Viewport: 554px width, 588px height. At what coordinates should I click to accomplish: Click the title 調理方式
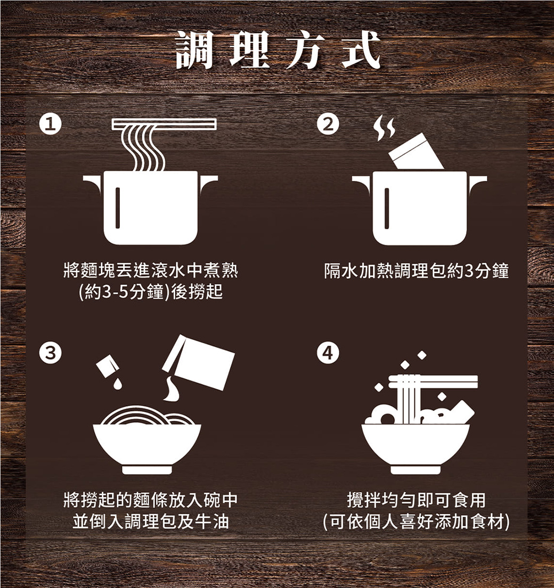click(x=278, y=50)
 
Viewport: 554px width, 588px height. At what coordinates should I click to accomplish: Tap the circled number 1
click(x=51, y=124)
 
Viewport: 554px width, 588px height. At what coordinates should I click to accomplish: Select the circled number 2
click(x=328, y=124)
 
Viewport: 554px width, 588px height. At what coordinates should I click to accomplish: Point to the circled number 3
click(x=51, y=353)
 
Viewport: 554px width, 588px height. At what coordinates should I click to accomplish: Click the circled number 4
click(x=328, y=353)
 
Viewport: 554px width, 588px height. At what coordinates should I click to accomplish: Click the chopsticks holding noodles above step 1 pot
click(x=164, y=124)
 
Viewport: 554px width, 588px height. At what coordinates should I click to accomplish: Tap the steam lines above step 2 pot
click(x=384, y=128)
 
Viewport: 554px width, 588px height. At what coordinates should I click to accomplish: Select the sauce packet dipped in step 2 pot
click(x=416, y=152)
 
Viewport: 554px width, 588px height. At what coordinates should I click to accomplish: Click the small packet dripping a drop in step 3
click(x=108, y=365)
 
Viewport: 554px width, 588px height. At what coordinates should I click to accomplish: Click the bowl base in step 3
click(x=147, y=470)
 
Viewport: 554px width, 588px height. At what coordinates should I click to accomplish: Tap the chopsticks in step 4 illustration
click(x=433, y=382)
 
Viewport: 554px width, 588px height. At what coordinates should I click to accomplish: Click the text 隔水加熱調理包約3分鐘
click(x=417, y=271)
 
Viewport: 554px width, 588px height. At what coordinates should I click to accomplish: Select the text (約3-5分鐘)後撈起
click(x=151, y=292)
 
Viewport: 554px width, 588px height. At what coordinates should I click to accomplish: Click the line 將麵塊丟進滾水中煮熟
click(x=151, y=270)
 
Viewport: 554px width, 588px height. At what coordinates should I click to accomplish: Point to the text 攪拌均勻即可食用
click(x=417, y=500)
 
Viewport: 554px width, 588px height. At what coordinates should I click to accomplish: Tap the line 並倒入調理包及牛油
click(x=151, y=521)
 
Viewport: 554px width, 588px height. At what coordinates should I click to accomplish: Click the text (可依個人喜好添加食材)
click(x=417, y=521)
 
